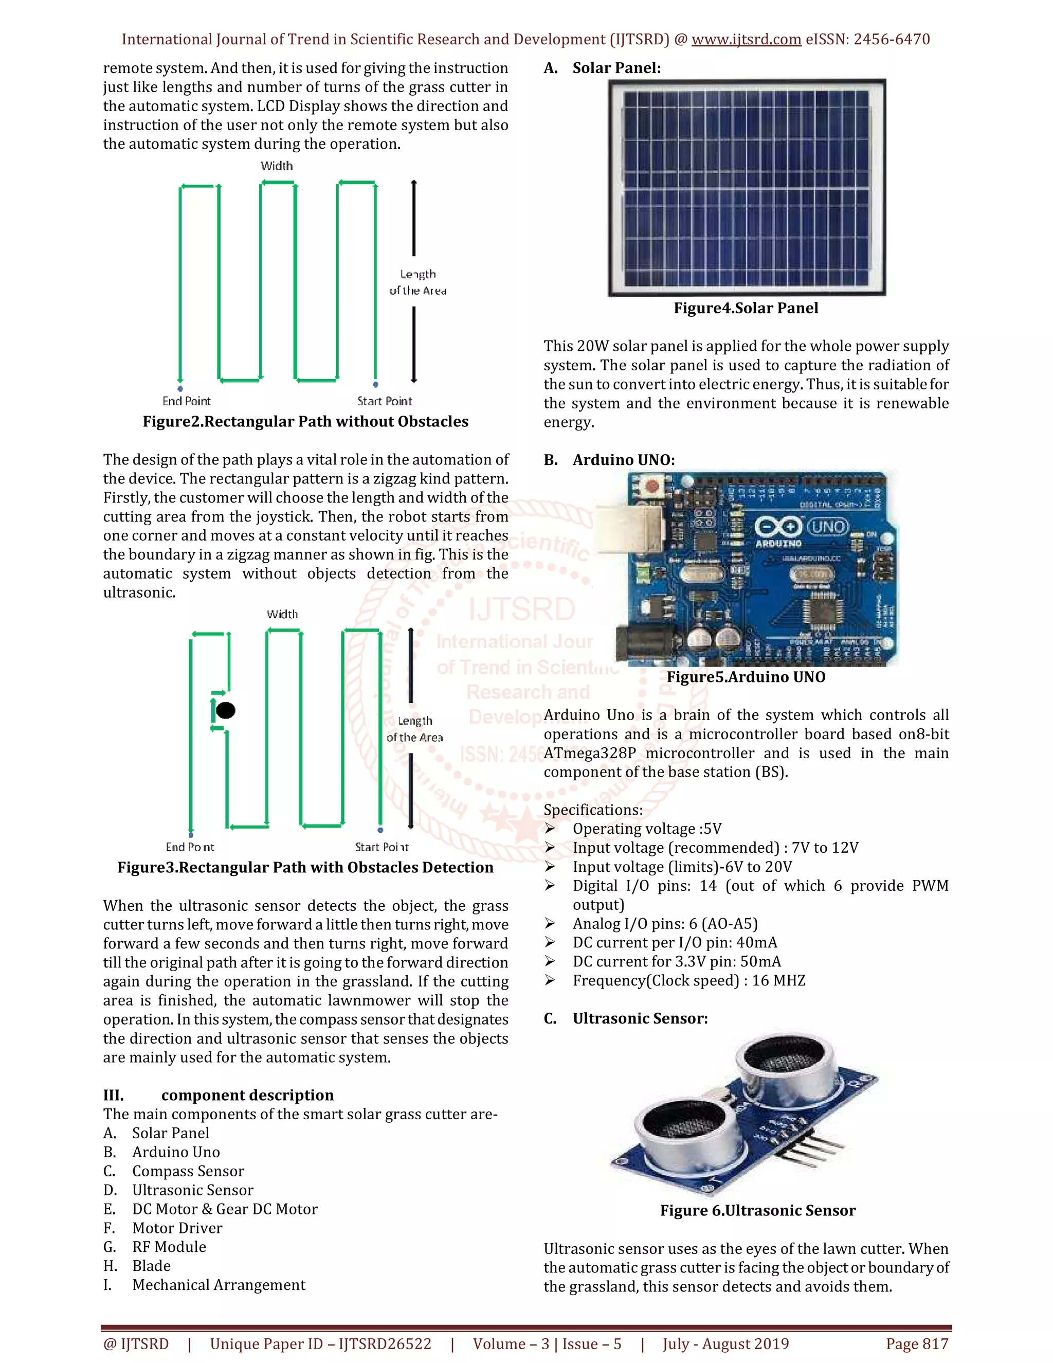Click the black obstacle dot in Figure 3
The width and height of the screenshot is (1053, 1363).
click(x=225, y=710)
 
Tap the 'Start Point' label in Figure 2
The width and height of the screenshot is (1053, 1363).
click(x=384, y=401)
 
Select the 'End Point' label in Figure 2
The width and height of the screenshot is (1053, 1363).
click(x=187, y=401)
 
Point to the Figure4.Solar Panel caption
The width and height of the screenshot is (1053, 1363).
click(x=746, y=308)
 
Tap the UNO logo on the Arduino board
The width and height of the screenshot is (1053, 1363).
click(x=828, y=527)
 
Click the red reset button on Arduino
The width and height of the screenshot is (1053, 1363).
click(x=652, y=486)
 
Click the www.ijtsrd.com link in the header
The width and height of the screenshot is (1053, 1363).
click(x=746, y=39)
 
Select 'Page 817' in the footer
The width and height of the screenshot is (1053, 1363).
click(x=917, y=1343)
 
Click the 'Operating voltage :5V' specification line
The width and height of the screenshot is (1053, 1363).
click(x=647, y=829)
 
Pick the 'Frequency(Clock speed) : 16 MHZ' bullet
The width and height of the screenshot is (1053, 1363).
click(x=688, y=980)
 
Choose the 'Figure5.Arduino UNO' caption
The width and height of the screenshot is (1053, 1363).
click(x=746, y=677)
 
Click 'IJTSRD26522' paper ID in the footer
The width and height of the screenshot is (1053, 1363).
click(x=385, y=1343)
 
